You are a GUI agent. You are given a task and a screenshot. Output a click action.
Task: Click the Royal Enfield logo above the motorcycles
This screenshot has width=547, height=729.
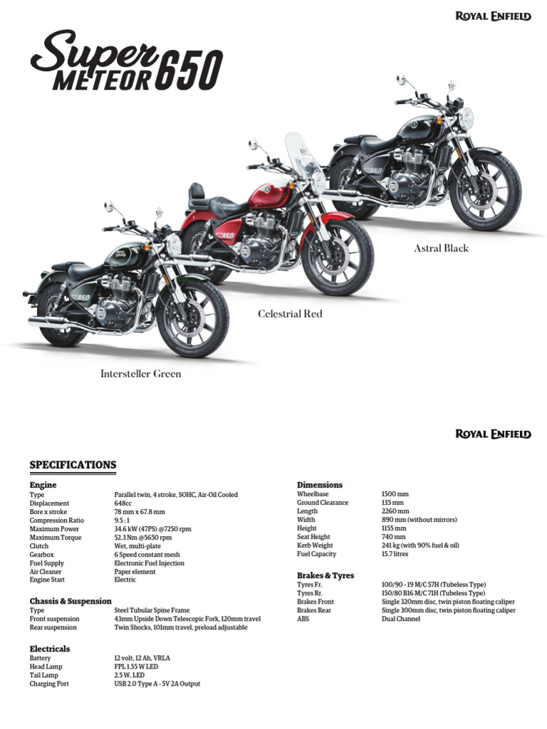coord(493,17)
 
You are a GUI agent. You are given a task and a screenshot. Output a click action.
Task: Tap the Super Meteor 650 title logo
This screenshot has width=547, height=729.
coord(127,61)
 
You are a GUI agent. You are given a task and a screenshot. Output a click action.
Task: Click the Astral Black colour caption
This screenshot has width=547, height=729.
coord(442,248)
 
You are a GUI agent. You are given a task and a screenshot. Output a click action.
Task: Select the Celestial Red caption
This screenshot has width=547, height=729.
coord(290,314)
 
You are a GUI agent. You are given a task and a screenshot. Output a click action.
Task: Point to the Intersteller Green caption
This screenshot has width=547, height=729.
coord(140,374)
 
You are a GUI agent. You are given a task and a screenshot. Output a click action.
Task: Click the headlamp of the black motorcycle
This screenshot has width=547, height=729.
coord(466,118)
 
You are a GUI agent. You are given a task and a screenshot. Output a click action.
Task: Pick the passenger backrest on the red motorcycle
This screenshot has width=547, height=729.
coord(197,195)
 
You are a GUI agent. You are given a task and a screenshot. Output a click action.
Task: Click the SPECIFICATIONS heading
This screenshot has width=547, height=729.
coord(73,465)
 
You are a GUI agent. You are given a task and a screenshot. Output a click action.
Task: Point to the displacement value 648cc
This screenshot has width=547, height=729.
coord(123,503)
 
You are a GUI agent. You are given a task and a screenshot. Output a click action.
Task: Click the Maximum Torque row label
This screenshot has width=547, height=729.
coord(56,537)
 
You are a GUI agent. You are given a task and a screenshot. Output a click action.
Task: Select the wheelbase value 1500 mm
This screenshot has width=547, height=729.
coord(395,494)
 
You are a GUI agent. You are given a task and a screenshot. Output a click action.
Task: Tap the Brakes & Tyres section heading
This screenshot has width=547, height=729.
coord(325,575)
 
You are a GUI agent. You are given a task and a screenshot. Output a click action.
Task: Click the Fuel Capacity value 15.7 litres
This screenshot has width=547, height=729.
coord(395,554)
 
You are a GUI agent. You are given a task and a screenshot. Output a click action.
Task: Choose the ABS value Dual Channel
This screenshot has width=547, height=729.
coord(401,619)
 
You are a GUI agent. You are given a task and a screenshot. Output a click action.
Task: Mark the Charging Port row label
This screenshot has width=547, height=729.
coord(49,684)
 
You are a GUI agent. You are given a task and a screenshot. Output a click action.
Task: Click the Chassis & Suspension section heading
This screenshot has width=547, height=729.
coord(71,601)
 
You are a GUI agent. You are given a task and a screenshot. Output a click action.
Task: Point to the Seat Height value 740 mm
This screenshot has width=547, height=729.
coord(393,537)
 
